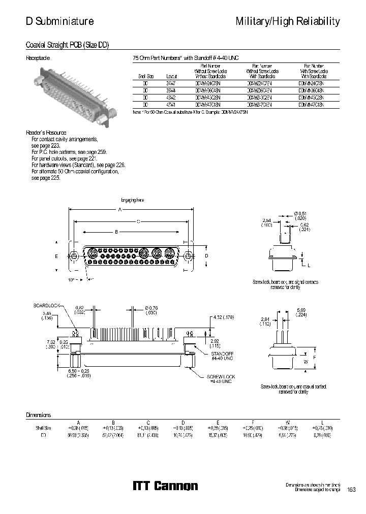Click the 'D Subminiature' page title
coord(60,21)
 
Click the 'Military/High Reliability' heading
coord(288,21)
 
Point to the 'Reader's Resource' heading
coord(46,132)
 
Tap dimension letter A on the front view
coord(120,209)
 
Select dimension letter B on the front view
coord(116,232)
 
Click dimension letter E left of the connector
coord(57,256)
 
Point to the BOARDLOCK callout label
coord(47,305)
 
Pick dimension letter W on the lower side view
coord(306,362)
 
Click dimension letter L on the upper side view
coord(309,266)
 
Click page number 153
coord(351,490)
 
